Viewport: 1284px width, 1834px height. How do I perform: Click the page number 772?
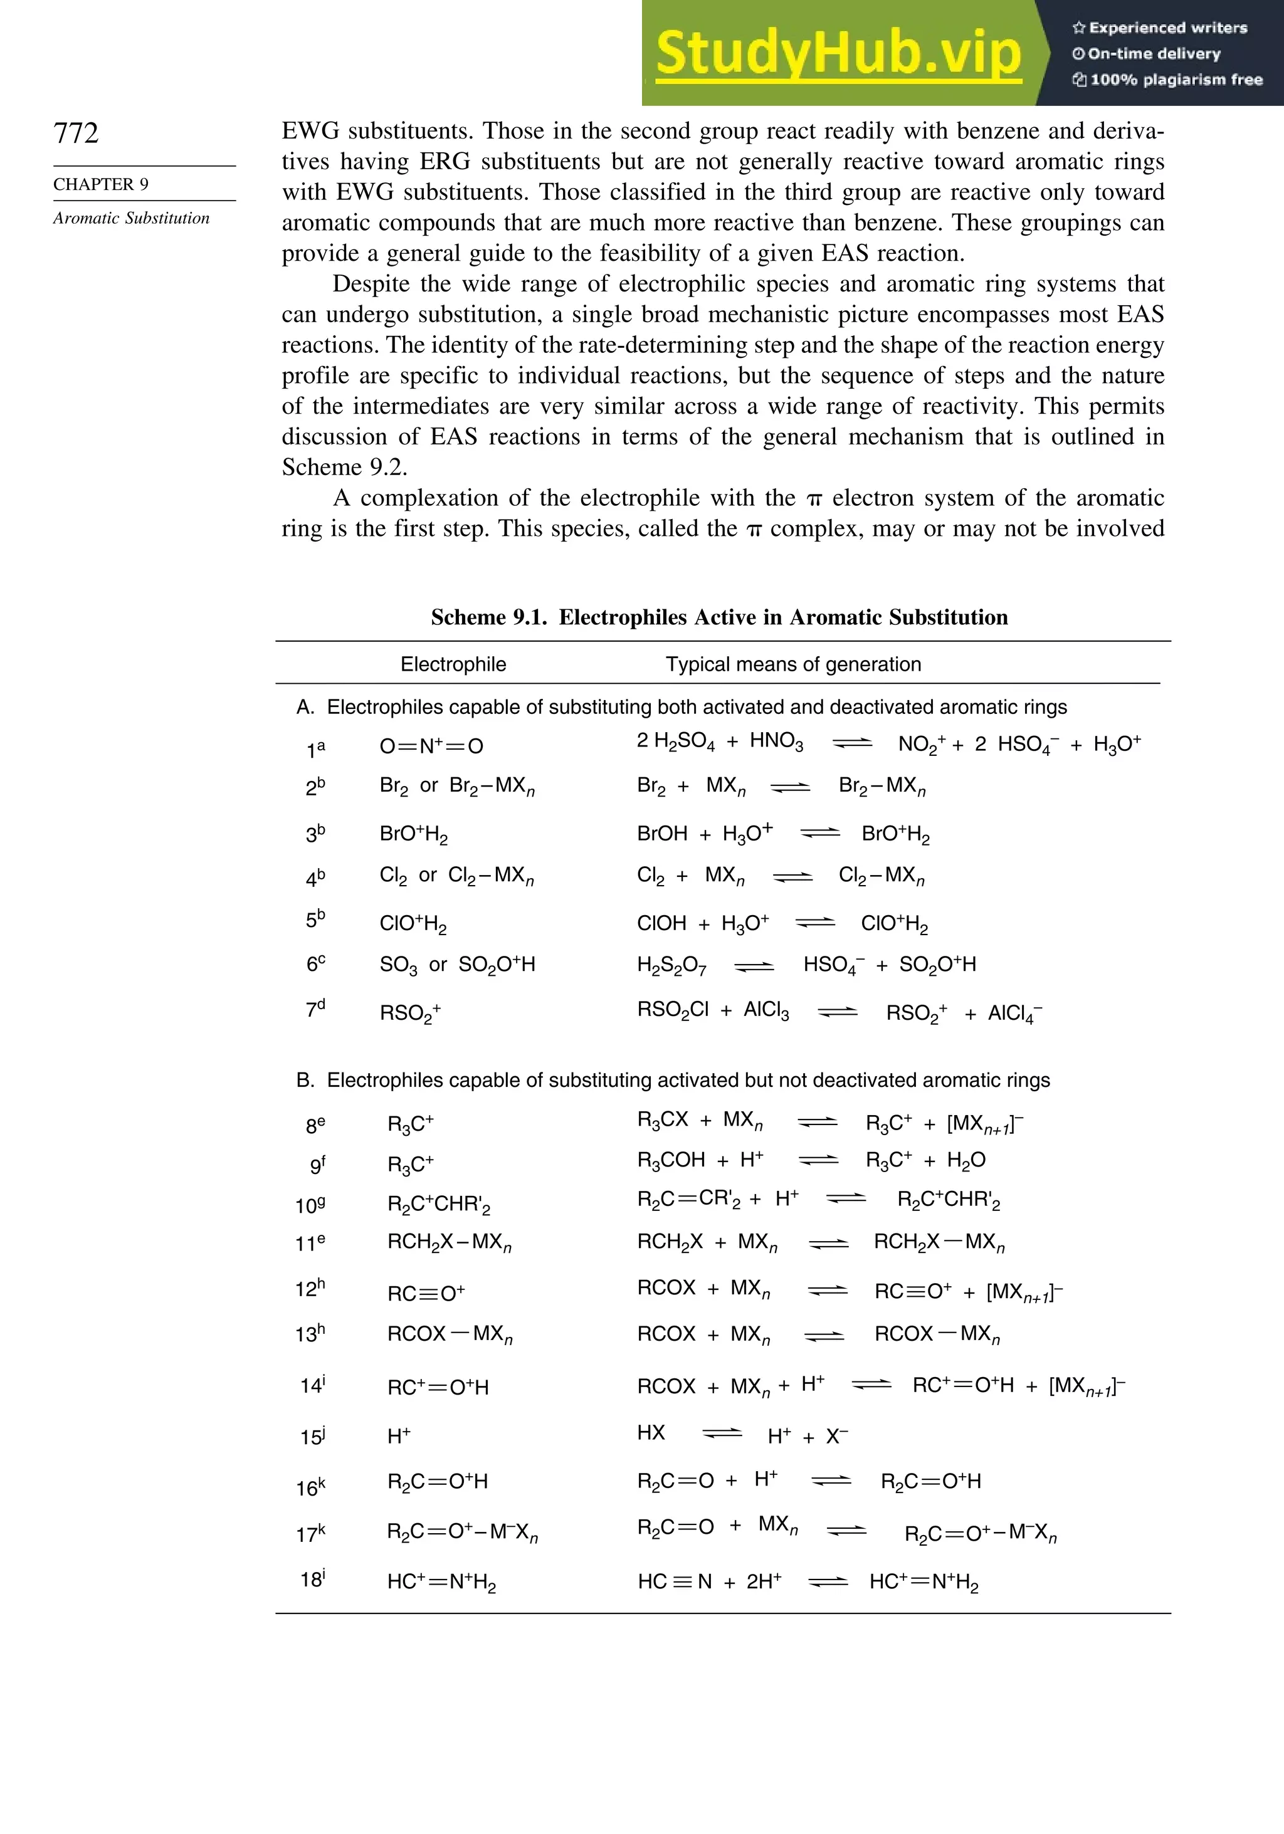click(x=76, y=133)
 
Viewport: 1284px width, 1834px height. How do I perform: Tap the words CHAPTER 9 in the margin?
click(x=101, y=184)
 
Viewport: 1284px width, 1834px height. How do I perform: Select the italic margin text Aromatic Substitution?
click(x=131, y=218)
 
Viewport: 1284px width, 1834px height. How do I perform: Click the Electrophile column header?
click(x=453, y=664)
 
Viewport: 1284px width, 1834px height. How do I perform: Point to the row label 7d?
click(x=315, y=1010)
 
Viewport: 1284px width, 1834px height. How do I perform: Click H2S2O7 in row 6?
click(x=671, y=966)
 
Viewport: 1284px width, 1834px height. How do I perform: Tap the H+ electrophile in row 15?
click(x=399, y=1436)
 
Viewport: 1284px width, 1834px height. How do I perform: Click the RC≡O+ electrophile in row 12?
click(x=426, y=1293)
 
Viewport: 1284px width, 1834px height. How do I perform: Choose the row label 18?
click(x=312, y=1580)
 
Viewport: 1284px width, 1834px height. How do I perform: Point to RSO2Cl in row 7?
click(x=672, y=1010)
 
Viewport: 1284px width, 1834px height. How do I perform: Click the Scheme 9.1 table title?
click(x=719, y=617)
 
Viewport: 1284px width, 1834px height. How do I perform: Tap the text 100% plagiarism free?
click(x=1167, y=80)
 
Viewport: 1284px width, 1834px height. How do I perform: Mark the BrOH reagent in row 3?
click(x=661, y=834)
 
